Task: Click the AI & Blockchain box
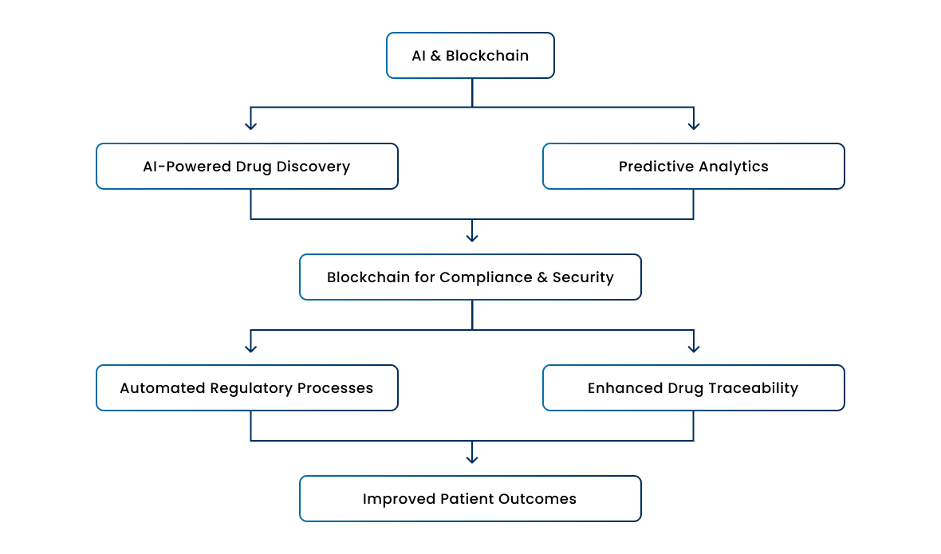(x=470, y=55)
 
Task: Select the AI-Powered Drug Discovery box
(x=247, y=166)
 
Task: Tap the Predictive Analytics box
(x=694, y=166)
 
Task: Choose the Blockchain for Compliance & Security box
(x=470, y=277)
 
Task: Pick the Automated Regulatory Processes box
(x=247, y=388)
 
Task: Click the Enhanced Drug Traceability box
(x=694, y=388)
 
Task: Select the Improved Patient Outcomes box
(x=470, y=499)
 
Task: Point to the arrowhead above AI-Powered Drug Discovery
(x=251, y=126)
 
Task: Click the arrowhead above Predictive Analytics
(x=694, y=126)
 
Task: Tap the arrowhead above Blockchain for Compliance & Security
(x=472, y=238)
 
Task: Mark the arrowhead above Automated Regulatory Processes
(x=251, y=348)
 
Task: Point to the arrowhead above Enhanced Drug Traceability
(x=694, y=348)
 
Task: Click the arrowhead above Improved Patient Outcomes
(x=472, y=459)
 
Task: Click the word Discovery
(x=313, y=167)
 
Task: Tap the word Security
(x=583, y=277)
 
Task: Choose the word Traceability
(x=753, y=388)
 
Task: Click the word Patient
(x=467, y=499)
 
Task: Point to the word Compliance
(x=486, y=277)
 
